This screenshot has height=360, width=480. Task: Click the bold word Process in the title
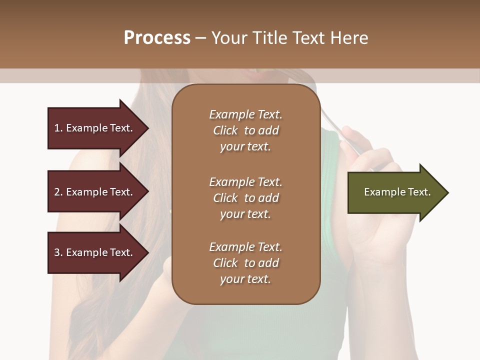pyautogui.click(x=157, y=38)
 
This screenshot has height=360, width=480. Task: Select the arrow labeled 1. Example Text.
pyautogui.click(x=95, y=128)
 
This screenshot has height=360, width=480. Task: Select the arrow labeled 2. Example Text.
pyautogui.click(x=95, y=192)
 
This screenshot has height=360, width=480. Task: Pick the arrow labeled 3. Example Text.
pyautogui.click(x=95, y=252)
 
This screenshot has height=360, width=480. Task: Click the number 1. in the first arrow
pyautogui.click(x=58, y=128)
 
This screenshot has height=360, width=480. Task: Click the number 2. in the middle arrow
pyautogui.click(x=58, y=192)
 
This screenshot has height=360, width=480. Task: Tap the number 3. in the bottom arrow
pyautogui.click(x=58, y=252)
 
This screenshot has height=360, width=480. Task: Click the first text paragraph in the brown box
pyautogui.click(x=245, y=130)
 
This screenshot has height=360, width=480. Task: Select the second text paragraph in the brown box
pyautogui.click(x=245, y=198)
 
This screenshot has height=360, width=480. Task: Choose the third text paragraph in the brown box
pyautogui.click(x=245, y=263)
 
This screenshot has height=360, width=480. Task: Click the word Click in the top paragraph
pyautogui.click(x=225, y=130)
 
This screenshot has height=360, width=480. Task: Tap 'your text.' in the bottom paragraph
pyautogui.click(x=245, y=279)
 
